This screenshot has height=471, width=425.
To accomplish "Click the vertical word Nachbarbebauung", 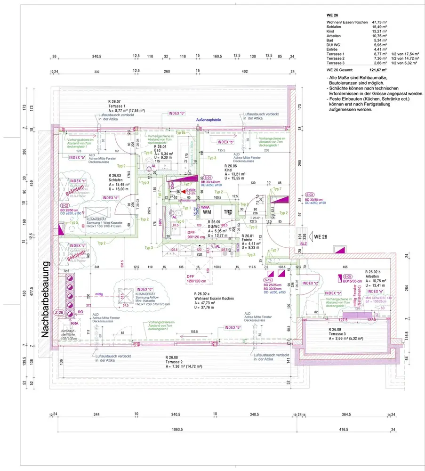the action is [x=46, y=300].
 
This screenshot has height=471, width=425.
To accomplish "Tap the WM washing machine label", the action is [x=207, y=212].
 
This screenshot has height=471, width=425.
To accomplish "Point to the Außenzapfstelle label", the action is [x=208, y=120].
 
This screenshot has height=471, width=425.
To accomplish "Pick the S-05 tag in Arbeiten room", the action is [x=347, y=276].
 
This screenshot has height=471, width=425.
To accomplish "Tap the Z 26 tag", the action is [x=59, y=313].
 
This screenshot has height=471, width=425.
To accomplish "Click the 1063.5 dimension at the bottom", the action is [x=177, y=430].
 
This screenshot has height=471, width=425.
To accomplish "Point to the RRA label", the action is [x=74, y=324].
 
